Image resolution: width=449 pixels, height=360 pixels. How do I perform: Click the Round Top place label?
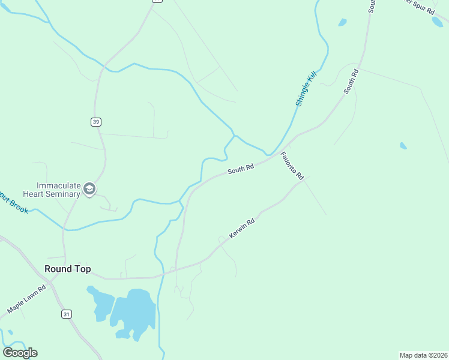tap(68, 269)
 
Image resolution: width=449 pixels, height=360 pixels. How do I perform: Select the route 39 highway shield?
tap(96, 122)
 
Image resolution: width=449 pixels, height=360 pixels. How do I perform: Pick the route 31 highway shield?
tap(66, 314)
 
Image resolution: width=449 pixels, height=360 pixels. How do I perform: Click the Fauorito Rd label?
tap(292, 166)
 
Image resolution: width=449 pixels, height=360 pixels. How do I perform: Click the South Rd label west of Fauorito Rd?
tap(240, 169)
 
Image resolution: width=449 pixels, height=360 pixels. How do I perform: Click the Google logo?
tap(20, 353)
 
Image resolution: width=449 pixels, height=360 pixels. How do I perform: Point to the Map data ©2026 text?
tap(423, 355)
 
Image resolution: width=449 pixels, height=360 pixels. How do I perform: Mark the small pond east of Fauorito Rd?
tap(403, 146)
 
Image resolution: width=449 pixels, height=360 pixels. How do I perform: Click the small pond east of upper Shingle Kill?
tap(342, 23)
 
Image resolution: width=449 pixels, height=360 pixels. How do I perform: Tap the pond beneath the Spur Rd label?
tap(437, 22)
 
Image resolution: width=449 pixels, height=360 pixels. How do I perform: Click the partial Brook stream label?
tap(13, 203)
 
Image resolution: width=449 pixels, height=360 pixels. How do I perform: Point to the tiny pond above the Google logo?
tap(10, 332)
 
